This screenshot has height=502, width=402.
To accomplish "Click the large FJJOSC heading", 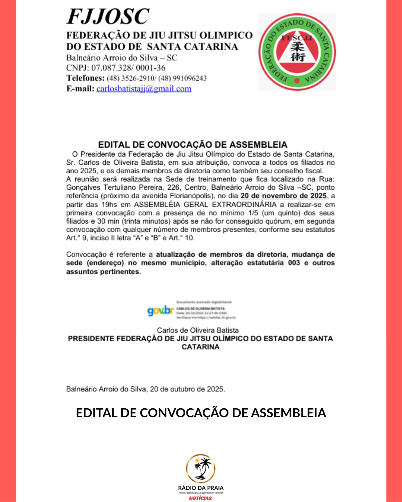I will tap(108, 17).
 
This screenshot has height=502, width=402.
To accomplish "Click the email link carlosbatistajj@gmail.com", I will tap(144, 89).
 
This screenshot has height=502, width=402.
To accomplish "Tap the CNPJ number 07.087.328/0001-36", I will tap(128, 68).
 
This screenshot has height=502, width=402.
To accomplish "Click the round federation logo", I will tap(297, 52).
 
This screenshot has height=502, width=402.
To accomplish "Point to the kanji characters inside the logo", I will tap(297, 52).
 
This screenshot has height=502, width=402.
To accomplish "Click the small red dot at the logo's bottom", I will tap(297, 80).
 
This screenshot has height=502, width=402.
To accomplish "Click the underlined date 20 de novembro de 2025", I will tap(283, 196).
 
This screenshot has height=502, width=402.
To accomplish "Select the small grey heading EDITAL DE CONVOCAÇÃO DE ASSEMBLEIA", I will tap(192, 145).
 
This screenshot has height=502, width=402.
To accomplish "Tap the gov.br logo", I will tap(160, 310).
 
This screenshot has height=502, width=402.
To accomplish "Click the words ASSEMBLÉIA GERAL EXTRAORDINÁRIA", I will tap(205, 205).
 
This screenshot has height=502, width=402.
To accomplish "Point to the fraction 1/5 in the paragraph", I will tap(253, 213).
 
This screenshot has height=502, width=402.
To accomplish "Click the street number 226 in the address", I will tap(173, 187).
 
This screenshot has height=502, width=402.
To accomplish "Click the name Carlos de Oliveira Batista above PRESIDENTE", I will tap(198, 330).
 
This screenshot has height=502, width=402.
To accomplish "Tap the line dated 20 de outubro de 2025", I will tap(146, 389).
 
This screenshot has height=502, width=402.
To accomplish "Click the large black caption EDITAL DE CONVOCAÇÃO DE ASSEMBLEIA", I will tap(201, 413).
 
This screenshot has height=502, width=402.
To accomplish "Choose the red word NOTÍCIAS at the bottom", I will tap(200, 498).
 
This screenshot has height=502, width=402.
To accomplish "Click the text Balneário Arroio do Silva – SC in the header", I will tap(122, 58).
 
